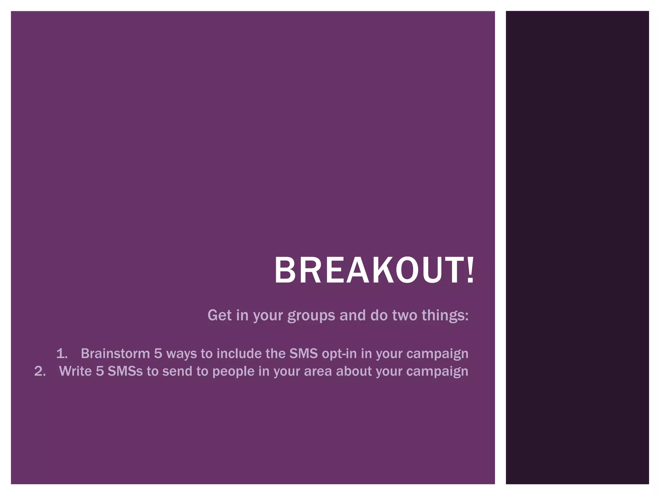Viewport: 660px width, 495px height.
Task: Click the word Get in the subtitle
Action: (x=219, y=315)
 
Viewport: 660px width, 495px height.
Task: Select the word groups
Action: (x=311, y=315)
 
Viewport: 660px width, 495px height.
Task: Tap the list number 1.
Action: (x=62, y=354)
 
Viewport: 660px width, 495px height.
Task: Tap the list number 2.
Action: (x=40, y=371)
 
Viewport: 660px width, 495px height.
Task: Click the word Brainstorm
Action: (x=115, y=354)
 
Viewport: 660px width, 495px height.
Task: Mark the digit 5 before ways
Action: (x=158, y=354)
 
